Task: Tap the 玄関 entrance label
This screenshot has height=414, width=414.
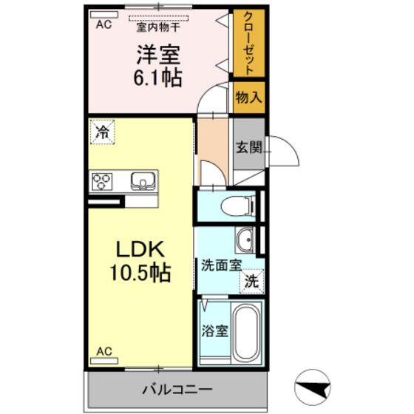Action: (248, 146)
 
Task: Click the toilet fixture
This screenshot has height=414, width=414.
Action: (236, 205)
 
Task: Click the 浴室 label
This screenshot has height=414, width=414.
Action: (215, 330)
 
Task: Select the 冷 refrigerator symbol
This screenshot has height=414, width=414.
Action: (101, 133)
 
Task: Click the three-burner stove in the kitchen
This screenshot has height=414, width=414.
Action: (103, 181)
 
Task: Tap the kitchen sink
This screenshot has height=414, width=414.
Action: (141, 181)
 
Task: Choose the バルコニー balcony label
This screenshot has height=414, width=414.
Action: (177, 388)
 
